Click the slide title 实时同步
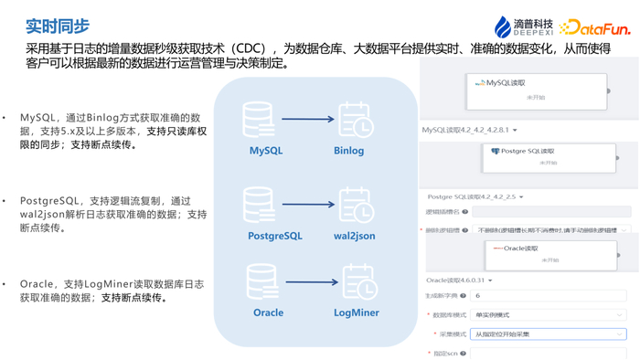coord(58,26)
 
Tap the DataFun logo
coord(595,28)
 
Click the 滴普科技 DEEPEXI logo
coord(524,27)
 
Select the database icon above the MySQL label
coord(259,120)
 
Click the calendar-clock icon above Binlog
coord(354,120)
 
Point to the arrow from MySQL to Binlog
coord(307,120)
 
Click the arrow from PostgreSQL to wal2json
coord(307,203)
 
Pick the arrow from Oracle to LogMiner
coord(311,282)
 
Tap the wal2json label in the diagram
coord(354,236)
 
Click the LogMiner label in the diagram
coord(357,312)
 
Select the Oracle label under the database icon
coord(268,312)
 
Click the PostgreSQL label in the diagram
coord(274,236)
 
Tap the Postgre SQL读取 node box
coord(549,157)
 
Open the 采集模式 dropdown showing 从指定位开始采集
coord(549,334)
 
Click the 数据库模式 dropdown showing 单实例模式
coord(549,315)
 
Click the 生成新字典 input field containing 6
coord(549,296)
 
